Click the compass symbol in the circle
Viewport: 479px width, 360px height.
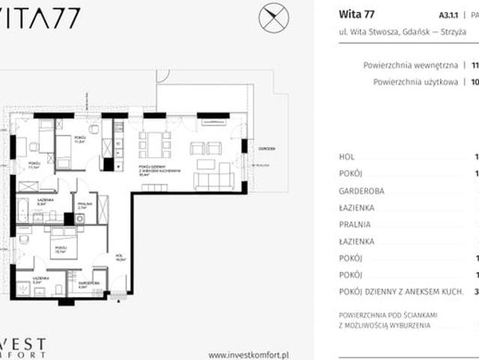[x=274, y=18]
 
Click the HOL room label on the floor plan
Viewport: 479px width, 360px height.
[x=118, y=256]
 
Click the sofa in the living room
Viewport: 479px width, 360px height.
[x=214, y=181]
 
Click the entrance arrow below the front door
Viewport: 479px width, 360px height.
[x=118, y=298]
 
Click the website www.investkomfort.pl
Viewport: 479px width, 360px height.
[x=250, y=355]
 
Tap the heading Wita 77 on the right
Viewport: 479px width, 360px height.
[x=357, y=13]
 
